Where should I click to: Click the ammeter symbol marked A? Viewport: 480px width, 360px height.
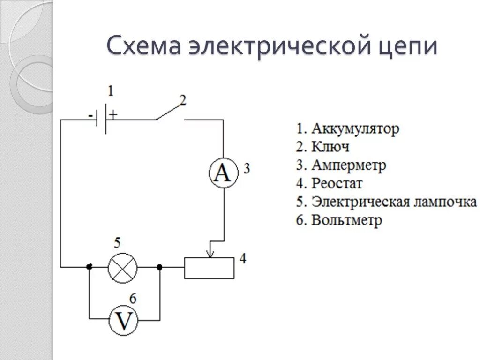tap(223, 172)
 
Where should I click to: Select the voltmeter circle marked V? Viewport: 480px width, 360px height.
tap(123, 321)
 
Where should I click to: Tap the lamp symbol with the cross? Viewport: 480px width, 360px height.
tap(123, 268)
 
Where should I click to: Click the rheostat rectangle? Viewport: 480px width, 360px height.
tap(209, 268)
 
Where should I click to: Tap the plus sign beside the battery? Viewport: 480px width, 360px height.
tap(113, 113)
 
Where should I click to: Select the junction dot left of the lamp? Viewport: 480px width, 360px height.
tap(89, 267)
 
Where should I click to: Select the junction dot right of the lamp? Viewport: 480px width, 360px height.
tap(159, 267)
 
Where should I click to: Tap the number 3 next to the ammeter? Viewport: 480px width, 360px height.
tap(247, 168)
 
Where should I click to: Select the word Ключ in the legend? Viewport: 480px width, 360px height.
tap(330, 147)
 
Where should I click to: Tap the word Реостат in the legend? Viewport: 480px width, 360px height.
tap(337, 184)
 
